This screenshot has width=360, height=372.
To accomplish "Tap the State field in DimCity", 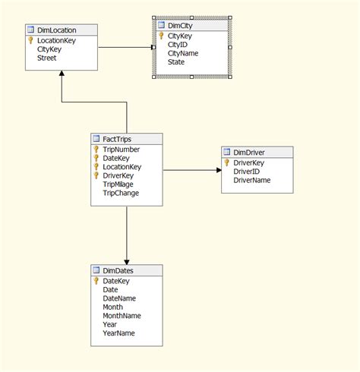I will point(176,62).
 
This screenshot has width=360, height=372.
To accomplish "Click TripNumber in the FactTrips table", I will point(122,149).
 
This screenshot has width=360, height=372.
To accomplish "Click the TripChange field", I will point(121,193).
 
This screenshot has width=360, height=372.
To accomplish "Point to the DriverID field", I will point(248,172).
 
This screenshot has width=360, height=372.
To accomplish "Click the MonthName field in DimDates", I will point(122,315).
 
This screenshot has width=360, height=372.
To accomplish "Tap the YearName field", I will point(118,333).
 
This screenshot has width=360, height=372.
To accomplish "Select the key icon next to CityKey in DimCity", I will point(161,36).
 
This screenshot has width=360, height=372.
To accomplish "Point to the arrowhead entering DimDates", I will point(127,260).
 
